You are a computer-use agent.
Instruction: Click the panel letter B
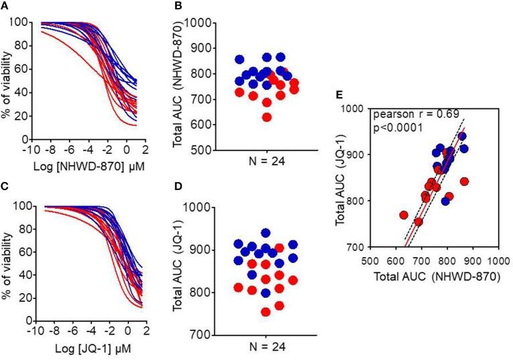[x=177, y=6]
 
